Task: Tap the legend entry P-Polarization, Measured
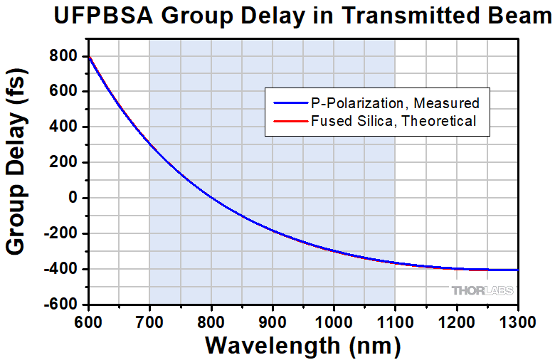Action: [395, 102]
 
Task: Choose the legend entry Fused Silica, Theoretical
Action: [393, 121]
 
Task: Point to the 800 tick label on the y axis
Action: [65, 56]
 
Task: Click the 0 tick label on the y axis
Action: [73, 198]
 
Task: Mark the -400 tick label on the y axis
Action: [61, 269]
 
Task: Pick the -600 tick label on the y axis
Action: [61, 305]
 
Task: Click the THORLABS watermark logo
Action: [482, 290]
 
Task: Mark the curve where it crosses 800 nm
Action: [211, 198]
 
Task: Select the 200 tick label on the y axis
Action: [65, 162]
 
